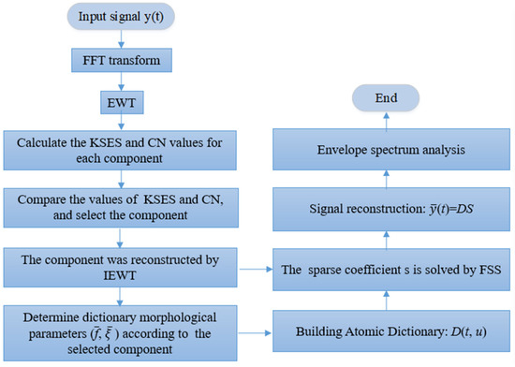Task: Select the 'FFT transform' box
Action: (x=114, y=64)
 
